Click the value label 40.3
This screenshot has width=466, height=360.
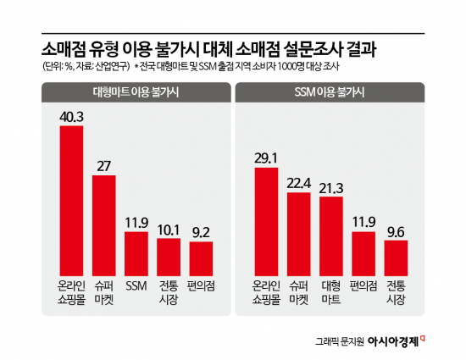click(71, 116)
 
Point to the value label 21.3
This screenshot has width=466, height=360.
click(331, 186)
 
